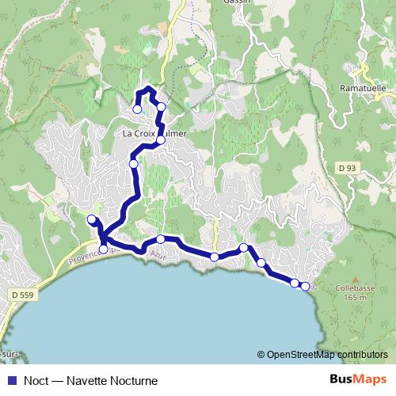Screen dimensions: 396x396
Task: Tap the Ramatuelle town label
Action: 362,87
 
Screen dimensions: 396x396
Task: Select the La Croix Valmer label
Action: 155,134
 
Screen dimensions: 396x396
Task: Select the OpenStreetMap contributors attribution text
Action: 327,354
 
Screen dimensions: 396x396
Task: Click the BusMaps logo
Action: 358,379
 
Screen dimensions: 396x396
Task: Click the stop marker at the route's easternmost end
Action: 305,285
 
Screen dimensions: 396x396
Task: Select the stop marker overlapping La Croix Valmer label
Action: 160,140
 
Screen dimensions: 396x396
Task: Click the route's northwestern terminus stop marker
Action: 137,109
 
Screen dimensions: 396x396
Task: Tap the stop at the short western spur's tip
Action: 91,219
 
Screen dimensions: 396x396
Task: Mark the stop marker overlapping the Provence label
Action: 103,250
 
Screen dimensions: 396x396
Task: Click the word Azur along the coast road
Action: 159,255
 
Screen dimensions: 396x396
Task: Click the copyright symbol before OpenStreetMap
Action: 261,354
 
